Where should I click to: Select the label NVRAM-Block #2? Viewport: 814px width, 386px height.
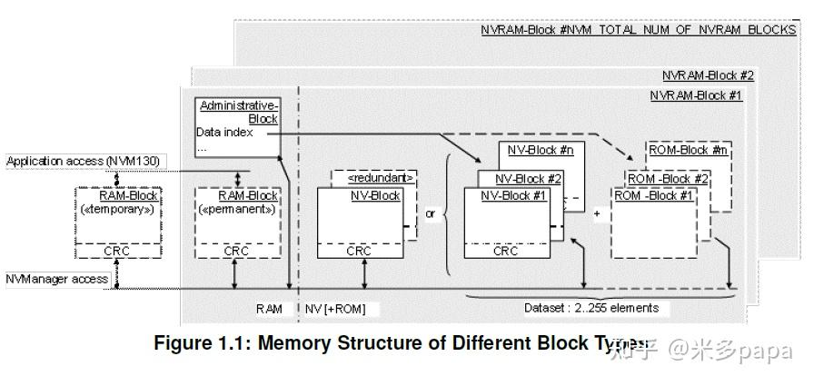[708, 76]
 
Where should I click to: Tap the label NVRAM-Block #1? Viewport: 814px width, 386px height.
[696, 95]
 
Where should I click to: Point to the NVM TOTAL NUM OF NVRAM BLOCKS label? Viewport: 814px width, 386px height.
[638, 30]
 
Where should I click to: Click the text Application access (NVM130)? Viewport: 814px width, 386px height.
[83, 162]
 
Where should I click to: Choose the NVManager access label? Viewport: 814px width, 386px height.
[57, 279]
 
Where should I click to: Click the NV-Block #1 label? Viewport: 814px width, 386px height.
[512, 195]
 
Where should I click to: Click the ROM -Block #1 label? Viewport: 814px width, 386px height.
[654, 195]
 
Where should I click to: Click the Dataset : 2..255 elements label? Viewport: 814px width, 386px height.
[591, 308]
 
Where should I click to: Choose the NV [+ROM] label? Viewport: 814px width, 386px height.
[336, 309]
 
